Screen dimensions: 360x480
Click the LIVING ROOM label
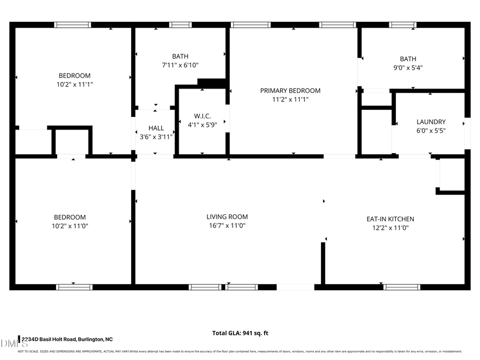pyautogui.click(x=227, y=217)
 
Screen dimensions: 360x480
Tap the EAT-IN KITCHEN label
pyautogui.click(x=390, y=219)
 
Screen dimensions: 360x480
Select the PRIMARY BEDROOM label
pyautogui.click(x=290, y=91)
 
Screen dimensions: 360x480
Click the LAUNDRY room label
pyautogui.click(x=430, y=122)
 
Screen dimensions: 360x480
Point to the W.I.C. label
pyautogui.click(x=202, y=116)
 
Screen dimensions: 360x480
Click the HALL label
pyautogui.click(x=156, y=128)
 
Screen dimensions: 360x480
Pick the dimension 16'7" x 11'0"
pyautogui.click(x=227, y=226)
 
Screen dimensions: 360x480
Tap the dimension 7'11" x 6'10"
pyautogui.click(x=180, y=65)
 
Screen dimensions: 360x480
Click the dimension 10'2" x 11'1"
pyautogui.click(x=74, y=84)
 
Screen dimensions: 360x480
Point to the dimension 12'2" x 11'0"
pyautogui.click(x=390, y=228)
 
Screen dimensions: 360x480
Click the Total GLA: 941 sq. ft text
pyautogui.click(x=240, y=333)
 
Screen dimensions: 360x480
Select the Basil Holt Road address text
pyautogui.click(x=67, y=339)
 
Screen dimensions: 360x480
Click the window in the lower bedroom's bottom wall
pyautogui.click(x=74, y=287)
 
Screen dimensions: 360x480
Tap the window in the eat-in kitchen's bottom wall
pyautogui.click(x=402, y=287)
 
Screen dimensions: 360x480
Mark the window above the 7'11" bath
pyautogui.click(x=180, y=25)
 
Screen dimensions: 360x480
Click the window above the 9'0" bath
pyautogui.click(x=403, y=25)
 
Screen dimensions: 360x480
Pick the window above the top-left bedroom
pyautogui.click(x=73, y=25)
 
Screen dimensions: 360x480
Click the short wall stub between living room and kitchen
pyautogui.click(x=323, y=263)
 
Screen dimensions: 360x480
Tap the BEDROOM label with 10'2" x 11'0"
pyautogui.click(x=69, y=217)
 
